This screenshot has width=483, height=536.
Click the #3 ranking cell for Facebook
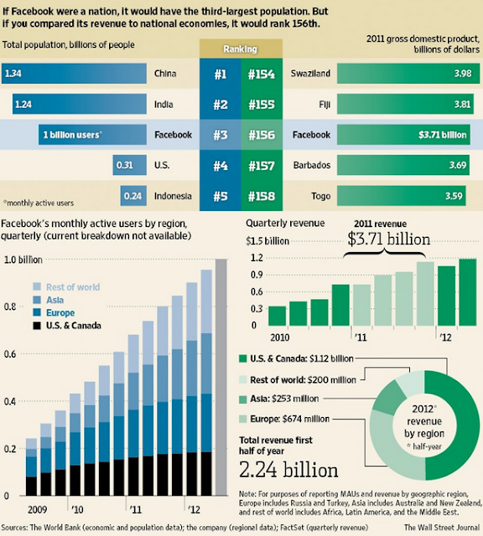pyautogui.click(x=221, y=134)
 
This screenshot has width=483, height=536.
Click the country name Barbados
pyautogui.click(x=310, y=166)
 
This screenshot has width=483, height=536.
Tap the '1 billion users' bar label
pyautogui.click(x=74, y=135)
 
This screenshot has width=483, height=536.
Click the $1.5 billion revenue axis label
pyautogui.click(x=268, y=241)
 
